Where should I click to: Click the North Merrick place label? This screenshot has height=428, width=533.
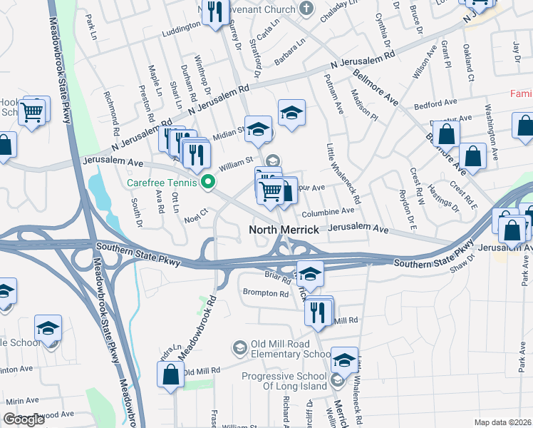click(x=283, y=230)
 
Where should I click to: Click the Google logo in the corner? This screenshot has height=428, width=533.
click(x=24, y=419)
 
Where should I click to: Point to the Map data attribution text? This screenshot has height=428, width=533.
click(x=502, y=422)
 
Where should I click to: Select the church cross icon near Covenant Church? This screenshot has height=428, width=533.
click(x=306, y=9)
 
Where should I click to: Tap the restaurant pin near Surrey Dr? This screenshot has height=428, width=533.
click(x=212, y=12)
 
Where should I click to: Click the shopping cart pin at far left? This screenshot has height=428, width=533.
click(x=32, y=112)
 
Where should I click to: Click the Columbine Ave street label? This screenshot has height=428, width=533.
click(x=327, y=211)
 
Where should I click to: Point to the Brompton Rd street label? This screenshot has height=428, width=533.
click(x=265, y=293)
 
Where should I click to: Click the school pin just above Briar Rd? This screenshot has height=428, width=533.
click(x=310, y=274)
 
